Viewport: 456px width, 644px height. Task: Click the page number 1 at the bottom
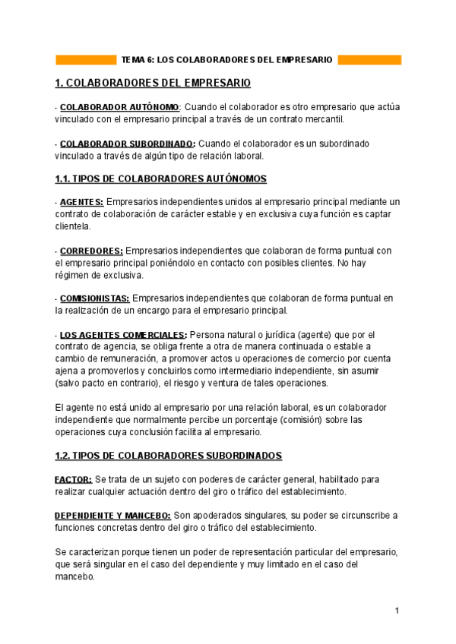click(397, 611)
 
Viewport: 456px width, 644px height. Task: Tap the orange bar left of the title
click(86, 59)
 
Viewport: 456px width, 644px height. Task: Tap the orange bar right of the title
click(369, 59)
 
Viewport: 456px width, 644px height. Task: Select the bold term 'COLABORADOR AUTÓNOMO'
click(119, 107)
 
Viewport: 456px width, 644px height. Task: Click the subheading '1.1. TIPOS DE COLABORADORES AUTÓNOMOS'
click(161, 179)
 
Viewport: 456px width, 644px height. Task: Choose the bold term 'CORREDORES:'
click(91, 251)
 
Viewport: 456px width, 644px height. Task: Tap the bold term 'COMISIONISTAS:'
click(94, 299)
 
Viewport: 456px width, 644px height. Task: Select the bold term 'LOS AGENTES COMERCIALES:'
click(123, 335)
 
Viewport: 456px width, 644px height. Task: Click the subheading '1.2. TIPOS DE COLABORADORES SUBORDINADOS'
click(169, 456)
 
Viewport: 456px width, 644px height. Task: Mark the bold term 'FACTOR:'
click(74, 479)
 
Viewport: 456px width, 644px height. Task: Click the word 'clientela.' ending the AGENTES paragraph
click(72, 226)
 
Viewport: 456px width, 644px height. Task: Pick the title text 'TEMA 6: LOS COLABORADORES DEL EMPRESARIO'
click(226, 59)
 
